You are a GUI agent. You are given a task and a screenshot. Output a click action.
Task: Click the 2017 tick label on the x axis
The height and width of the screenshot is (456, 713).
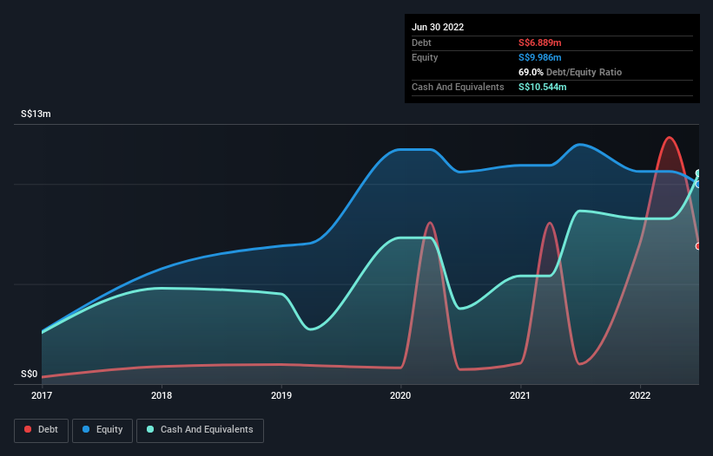42,395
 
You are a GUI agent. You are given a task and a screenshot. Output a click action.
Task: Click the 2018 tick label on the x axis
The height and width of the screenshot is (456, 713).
161,395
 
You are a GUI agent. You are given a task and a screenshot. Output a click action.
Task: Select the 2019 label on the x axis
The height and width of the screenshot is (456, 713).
281,395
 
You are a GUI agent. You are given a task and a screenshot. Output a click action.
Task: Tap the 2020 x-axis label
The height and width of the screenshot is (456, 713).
400,395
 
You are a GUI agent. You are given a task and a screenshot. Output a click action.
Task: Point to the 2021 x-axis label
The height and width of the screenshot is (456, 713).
520,395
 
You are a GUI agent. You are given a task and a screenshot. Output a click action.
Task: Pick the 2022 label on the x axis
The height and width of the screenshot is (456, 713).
640,395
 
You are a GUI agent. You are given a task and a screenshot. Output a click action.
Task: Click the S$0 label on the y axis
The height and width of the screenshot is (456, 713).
30,375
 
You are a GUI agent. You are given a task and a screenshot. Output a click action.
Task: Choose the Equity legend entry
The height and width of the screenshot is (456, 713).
103,429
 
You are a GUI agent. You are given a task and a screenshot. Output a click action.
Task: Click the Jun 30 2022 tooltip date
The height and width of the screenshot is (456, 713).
438,27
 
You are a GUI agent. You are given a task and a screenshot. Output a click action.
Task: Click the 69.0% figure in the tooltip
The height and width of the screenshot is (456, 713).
532,72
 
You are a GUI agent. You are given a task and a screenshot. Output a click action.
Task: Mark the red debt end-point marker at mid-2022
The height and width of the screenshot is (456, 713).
698,246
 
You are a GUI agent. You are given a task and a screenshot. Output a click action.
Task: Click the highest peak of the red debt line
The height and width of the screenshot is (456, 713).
668,137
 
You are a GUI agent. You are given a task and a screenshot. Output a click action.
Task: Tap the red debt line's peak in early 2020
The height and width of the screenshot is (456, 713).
430,223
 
